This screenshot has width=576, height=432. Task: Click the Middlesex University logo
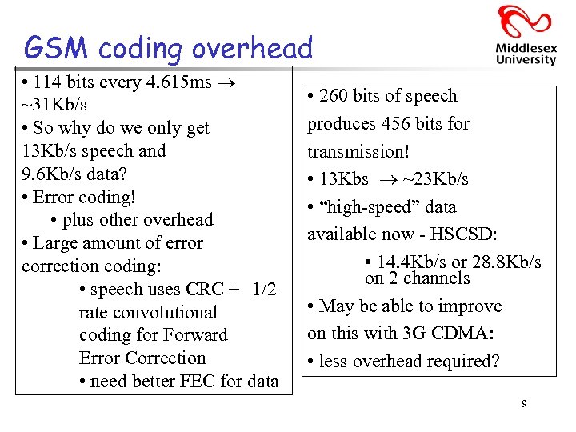tap(525, 35)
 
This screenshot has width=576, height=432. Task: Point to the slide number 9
tap(524, 404)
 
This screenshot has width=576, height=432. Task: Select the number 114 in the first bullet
tap(50, 82)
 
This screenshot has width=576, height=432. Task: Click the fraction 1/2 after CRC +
tap(263, 290)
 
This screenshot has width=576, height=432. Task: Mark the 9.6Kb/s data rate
tap(54, 174)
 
